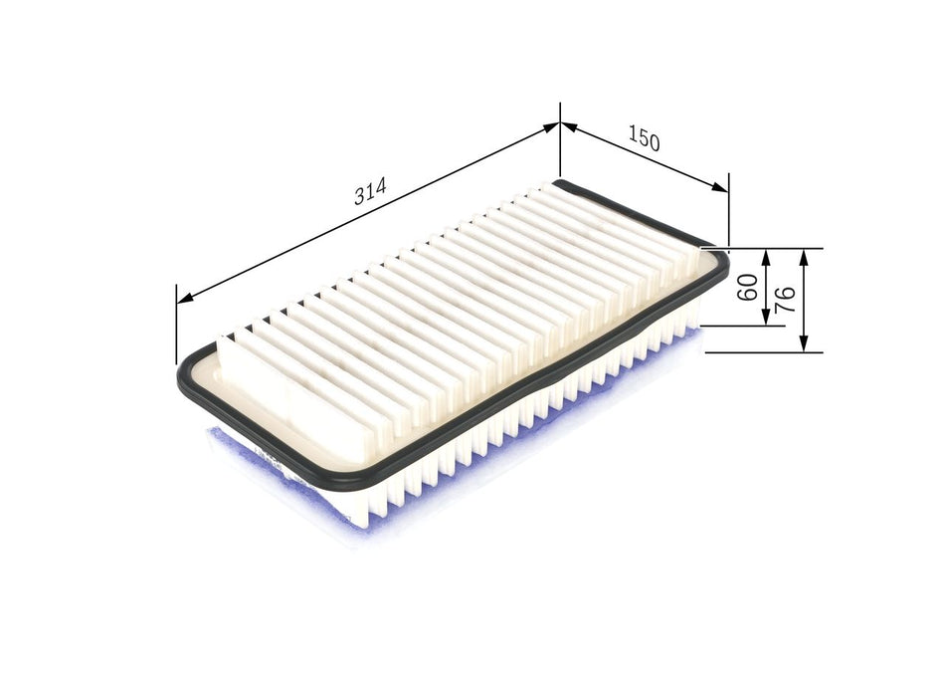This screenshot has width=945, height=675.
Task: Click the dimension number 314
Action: [x=369, y=193]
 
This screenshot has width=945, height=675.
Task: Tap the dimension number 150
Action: [x=644, y=140]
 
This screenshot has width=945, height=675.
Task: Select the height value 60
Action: [x=748, y=287]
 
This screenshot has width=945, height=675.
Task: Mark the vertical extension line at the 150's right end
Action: [x=728, y=209]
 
